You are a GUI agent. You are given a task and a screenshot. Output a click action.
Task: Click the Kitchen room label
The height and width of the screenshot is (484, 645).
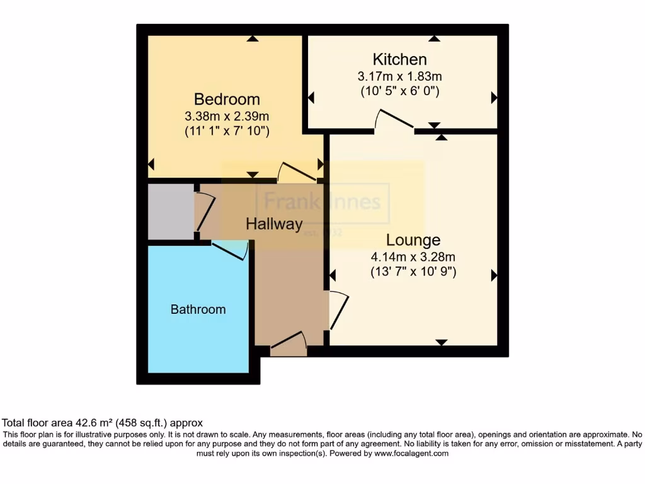[x=400, y=60]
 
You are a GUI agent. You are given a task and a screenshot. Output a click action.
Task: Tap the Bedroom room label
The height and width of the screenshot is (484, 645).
[x=227, y=100]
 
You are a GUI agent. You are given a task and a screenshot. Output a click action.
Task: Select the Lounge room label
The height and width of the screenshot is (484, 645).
[x=413, y=240]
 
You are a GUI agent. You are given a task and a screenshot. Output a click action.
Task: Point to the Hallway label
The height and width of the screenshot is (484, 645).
[x=274, y=224]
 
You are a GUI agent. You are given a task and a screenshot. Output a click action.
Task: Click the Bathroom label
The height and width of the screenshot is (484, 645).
[x=198, y=309]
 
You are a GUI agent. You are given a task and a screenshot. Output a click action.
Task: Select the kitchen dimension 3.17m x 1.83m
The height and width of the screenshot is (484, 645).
[x=400, y=76]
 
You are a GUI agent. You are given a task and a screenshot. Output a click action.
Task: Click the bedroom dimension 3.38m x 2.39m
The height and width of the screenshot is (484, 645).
[x=227, y=116]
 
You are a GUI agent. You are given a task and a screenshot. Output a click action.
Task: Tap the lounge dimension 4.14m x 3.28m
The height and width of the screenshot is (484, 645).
[x=413, y=256]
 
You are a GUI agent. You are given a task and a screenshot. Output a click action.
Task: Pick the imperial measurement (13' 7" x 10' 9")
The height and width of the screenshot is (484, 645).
[x=413, y=272]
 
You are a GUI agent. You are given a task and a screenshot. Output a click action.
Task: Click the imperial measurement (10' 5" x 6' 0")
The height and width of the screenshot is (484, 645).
[x=400, y=91]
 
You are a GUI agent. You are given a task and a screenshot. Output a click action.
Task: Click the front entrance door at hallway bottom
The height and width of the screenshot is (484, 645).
[x=288, y=342]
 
